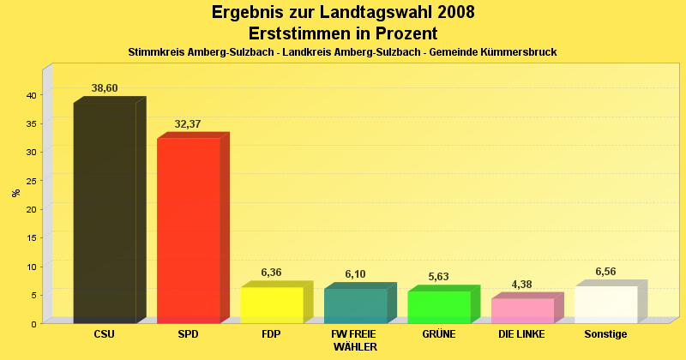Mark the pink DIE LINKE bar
pos(522,310)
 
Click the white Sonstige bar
pos(605,304)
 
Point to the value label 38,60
pos(105,88)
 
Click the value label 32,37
pos(188,124)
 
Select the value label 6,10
pos(355,274)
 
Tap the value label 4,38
pos(522,285)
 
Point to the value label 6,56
pos(605,272)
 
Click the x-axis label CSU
pos(105,334)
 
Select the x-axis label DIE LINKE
pos(521,334)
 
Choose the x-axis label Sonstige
pos(605,334)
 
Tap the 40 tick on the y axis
pos(30,95)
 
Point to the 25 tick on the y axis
pos(30,181)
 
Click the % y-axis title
pos(15,193)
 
